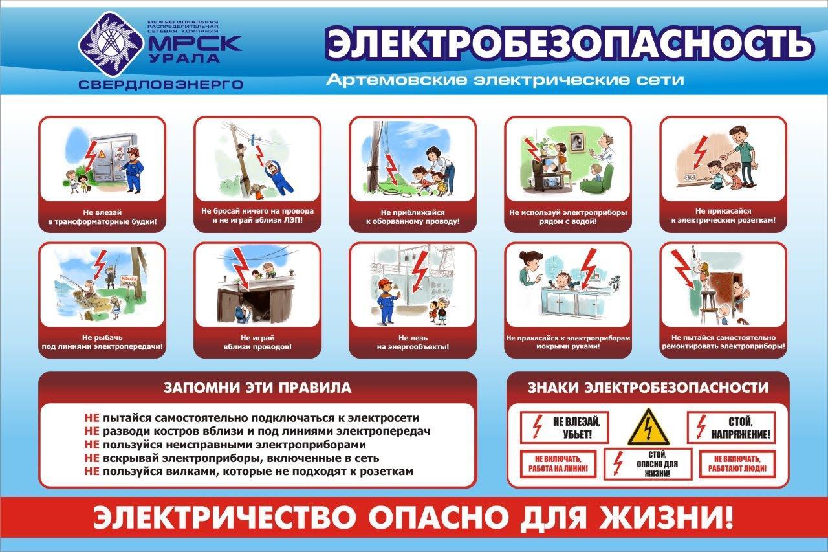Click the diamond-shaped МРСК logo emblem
111,44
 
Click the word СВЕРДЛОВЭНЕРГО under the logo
161,85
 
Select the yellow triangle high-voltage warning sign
648,427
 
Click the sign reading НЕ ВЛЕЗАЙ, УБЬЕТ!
564,427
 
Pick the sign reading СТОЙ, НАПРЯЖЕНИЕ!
731,427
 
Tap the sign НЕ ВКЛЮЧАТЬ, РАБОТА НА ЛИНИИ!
558,464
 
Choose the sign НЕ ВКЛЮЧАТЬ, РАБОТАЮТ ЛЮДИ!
737,464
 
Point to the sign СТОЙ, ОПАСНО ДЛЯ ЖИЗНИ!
648,464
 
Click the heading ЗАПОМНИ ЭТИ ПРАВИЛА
257,388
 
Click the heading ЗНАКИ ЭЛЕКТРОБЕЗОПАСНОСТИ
648,388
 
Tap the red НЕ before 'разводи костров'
92,432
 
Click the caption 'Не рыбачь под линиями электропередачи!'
102,342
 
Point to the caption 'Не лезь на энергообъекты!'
413,342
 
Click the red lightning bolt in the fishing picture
100,265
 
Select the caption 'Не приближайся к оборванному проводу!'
413,217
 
